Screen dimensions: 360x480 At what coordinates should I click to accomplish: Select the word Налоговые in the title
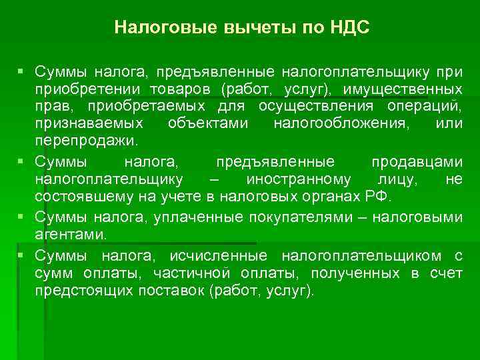click(158, 27)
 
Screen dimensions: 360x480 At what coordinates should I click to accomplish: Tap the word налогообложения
click(329, 124)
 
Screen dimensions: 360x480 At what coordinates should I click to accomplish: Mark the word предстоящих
click(74, 291)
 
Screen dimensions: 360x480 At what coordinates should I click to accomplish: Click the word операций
click(429, 107)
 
